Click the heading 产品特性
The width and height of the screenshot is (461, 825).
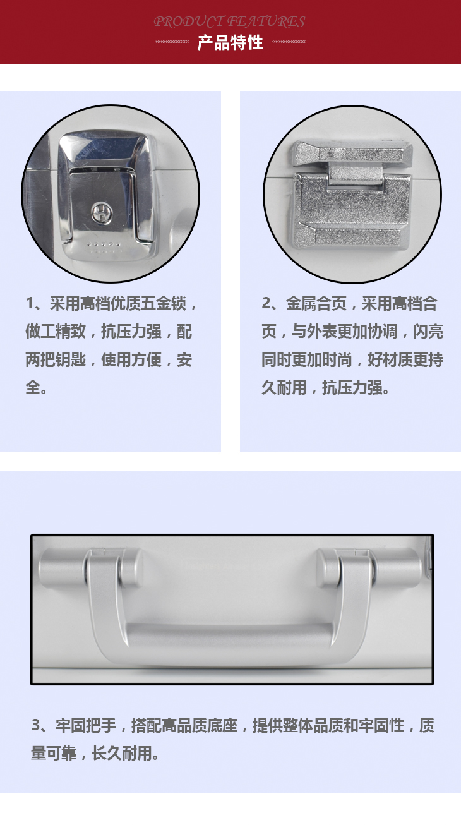pyautogui.click(x=230, y=43)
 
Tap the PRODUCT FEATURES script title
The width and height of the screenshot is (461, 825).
pyautogui.click(x=229, y=21)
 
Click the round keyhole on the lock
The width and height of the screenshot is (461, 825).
pyautogui.click(x=101, y=214)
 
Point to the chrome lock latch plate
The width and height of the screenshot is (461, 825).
pyautogui.click(x=106, y=195)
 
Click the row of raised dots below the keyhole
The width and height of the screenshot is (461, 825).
pyautogui.click(x=104, y=244)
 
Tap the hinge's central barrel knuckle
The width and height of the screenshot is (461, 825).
pyautogui.click(x=356, y=175)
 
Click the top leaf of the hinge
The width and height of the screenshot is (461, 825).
pyautogui.click(x=352, y=152)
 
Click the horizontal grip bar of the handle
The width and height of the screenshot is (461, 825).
pyautogui.click(x=230, y=635)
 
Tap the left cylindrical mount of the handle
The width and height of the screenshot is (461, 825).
pyautogui.click(x=90, y=568)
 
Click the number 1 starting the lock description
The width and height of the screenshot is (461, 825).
pyautogui.click(x=30, y=304)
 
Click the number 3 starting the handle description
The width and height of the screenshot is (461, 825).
pyautogui.click(x=36, y=725)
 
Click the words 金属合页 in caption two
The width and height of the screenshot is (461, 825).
pyautogui.click(x=316, y=304)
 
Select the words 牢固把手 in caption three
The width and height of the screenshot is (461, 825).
pyautogui.click(x=86, y=725)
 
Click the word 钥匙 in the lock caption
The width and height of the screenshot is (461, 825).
pyautogui.click(x=71, y=360)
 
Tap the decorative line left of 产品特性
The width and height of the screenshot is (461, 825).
pyautogui.click(x=172, y=42)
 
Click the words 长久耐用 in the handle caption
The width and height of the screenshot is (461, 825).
pyautogui.click(x=122, y=753)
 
